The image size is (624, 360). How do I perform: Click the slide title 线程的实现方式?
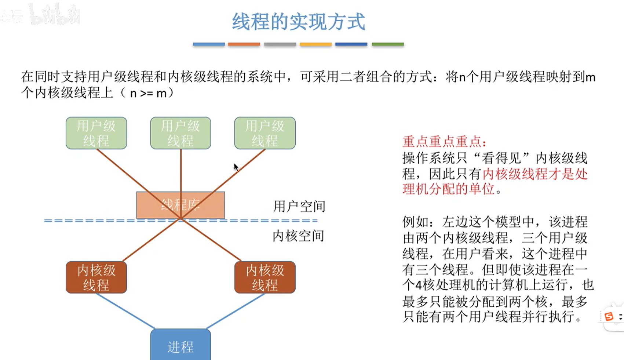[299, 22]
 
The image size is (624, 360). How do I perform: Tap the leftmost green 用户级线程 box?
[96, 133]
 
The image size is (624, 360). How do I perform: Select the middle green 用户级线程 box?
[180, 133]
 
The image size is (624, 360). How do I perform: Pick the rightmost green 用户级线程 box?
[265, 133]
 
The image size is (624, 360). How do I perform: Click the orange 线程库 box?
[180, 205]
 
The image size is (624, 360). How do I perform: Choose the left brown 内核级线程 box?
[96, 277]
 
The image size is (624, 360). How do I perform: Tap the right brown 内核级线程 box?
[265, 277]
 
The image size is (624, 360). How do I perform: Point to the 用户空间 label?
[299, 207]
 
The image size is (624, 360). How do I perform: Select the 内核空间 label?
[298, 236]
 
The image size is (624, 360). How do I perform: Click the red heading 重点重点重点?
[444, 142]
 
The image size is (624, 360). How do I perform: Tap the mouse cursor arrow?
[236, 167]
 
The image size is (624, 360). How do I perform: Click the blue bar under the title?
[209, 44]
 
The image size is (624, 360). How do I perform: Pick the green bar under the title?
[388, 44]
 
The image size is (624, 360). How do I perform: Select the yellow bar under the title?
[315, 44]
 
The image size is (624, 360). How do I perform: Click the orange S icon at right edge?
[609, 316]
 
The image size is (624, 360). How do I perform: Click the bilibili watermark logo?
[55, 15]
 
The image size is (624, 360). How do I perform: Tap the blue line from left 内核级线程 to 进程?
[125, 310]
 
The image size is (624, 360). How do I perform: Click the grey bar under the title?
[280, 44]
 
